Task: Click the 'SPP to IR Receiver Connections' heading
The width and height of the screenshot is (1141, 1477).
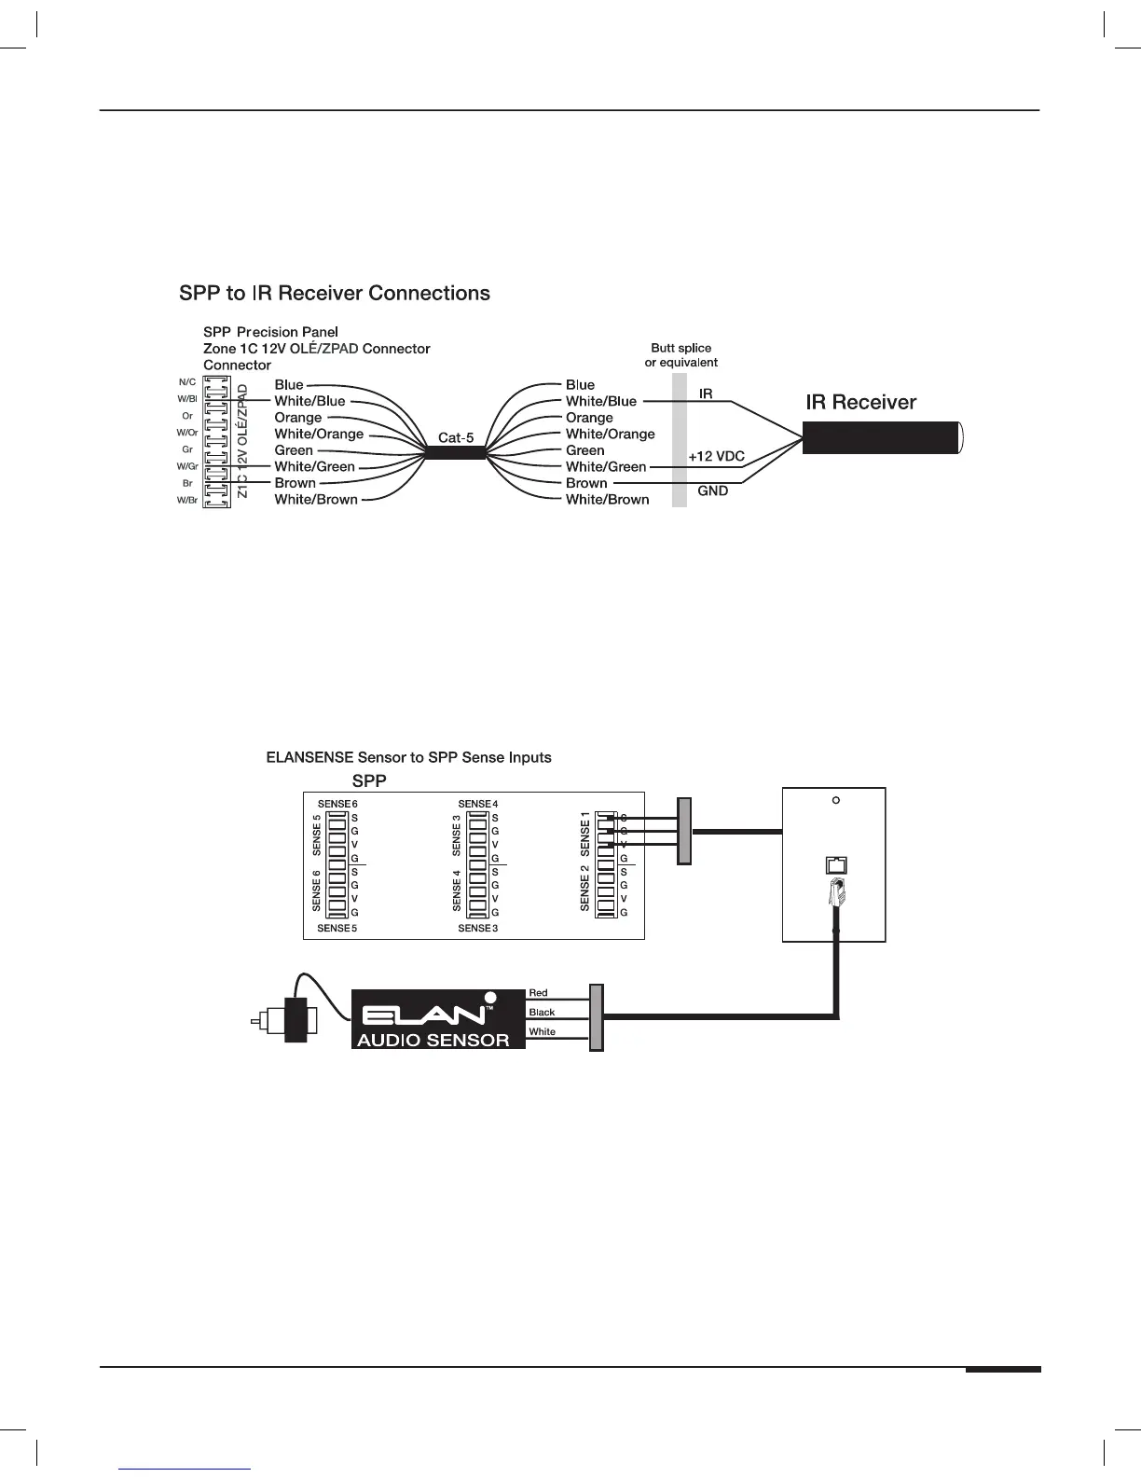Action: pyautogui.click(x=335, y=294)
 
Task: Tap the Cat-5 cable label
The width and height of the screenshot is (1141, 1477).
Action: pyautogui.click(x=456, y=437)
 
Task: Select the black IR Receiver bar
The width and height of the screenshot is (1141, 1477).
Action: pyautogui.click(x=880, y=437)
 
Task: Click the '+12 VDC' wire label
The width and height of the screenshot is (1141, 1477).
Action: pyautogui.click(x=716, y=457)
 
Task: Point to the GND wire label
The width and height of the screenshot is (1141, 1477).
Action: pyautogui.click(x=713, y=490)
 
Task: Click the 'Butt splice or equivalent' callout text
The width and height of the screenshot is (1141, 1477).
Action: pyautogui.click(x=681, y=355)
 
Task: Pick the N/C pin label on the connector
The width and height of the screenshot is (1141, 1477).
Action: pyautogui.click(x=187, y=382)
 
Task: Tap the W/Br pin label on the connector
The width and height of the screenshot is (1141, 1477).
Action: pyautogui.click(x=187, y=501)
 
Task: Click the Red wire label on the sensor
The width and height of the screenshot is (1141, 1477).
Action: pyautogui.click(x=538, y=993)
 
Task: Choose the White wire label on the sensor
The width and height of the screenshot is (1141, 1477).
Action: pyautogui.click(x=542, y=1031)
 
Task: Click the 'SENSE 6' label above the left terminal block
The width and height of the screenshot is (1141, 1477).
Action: pyautogui.click(x=337, y=804)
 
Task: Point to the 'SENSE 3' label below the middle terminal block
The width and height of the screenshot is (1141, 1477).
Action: pyautogui.click(x=478, y=929)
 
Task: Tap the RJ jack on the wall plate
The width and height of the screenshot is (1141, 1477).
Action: pyautogui.click(x=836, y=865)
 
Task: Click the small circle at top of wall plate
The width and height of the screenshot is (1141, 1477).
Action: pyautogui.click(x=836, y=801)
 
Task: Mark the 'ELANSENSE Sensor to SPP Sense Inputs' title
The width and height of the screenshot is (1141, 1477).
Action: pyautogui.click(x=408, y=757)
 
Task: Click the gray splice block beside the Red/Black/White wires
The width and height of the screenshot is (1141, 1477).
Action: pyautogui.click(x=597, y=1016)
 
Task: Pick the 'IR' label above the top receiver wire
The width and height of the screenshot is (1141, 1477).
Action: pyautogui.click(x=706, y=393)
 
